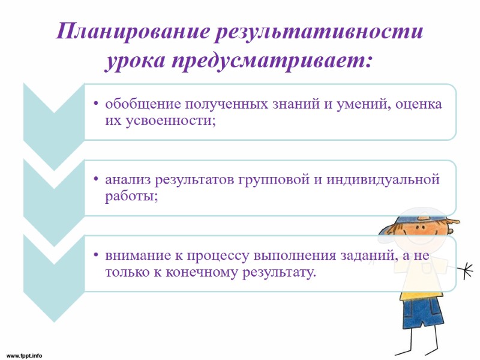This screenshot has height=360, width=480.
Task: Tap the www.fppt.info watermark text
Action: [25, 355]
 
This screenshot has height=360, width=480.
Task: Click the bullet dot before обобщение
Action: [96, 105]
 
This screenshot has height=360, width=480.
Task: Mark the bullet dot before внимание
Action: [96, 256]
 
